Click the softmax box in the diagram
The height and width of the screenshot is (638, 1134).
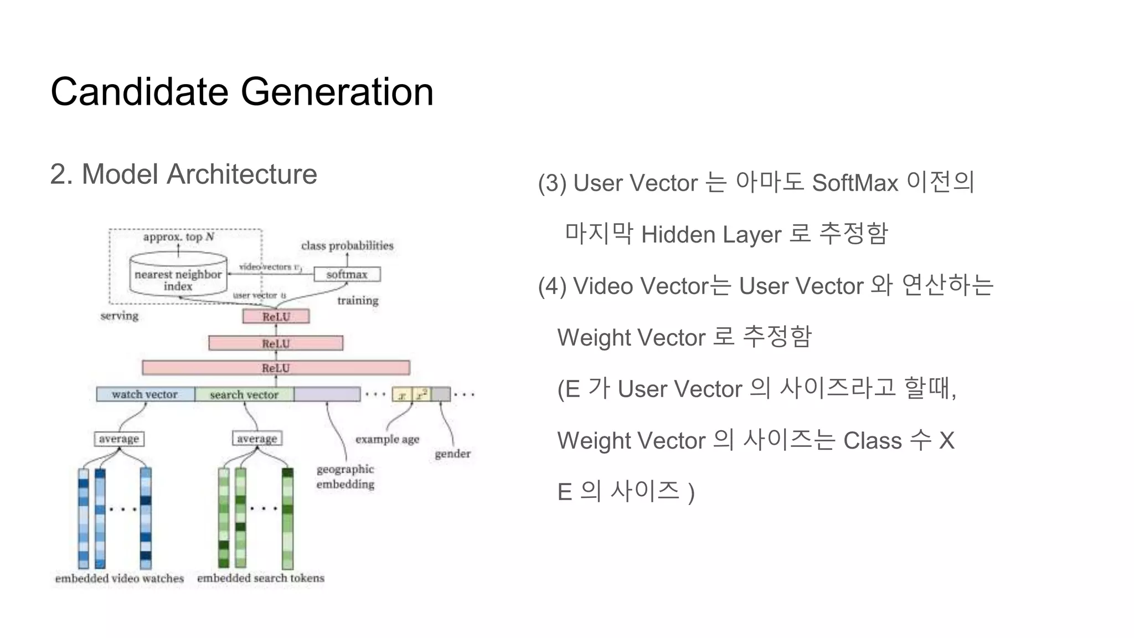pos(347,274)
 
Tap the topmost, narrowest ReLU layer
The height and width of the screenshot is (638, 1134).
pos(276,317)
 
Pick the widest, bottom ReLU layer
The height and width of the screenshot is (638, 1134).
pos(276,368)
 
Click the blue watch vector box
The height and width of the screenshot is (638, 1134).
pos(145,394)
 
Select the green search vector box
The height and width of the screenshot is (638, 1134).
pos(244,394)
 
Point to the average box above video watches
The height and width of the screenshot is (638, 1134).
pos(119,439)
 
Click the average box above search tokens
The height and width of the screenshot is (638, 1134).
pos(257,438)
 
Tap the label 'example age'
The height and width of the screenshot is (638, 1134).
pos(387,439)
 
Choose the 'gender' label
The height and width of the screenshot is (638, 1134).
pos(452,454)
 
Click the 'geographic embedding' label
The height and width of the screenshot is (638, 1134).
pos(346,476)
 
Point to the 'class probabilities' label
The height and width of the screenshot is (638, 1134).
pos(347,245)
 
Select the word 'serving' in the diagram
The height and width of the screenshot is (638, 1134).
pos(120,316)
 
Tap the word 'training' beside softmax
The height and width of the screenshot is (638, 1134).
pos(358,300)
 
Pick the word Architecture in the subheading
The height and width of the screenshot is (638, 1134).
pos(241,174)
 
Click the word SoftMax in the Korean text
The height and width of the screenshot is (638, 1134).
pos(855,183)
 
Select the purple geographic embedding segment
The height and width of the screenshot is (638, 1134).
pos(327,394)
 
